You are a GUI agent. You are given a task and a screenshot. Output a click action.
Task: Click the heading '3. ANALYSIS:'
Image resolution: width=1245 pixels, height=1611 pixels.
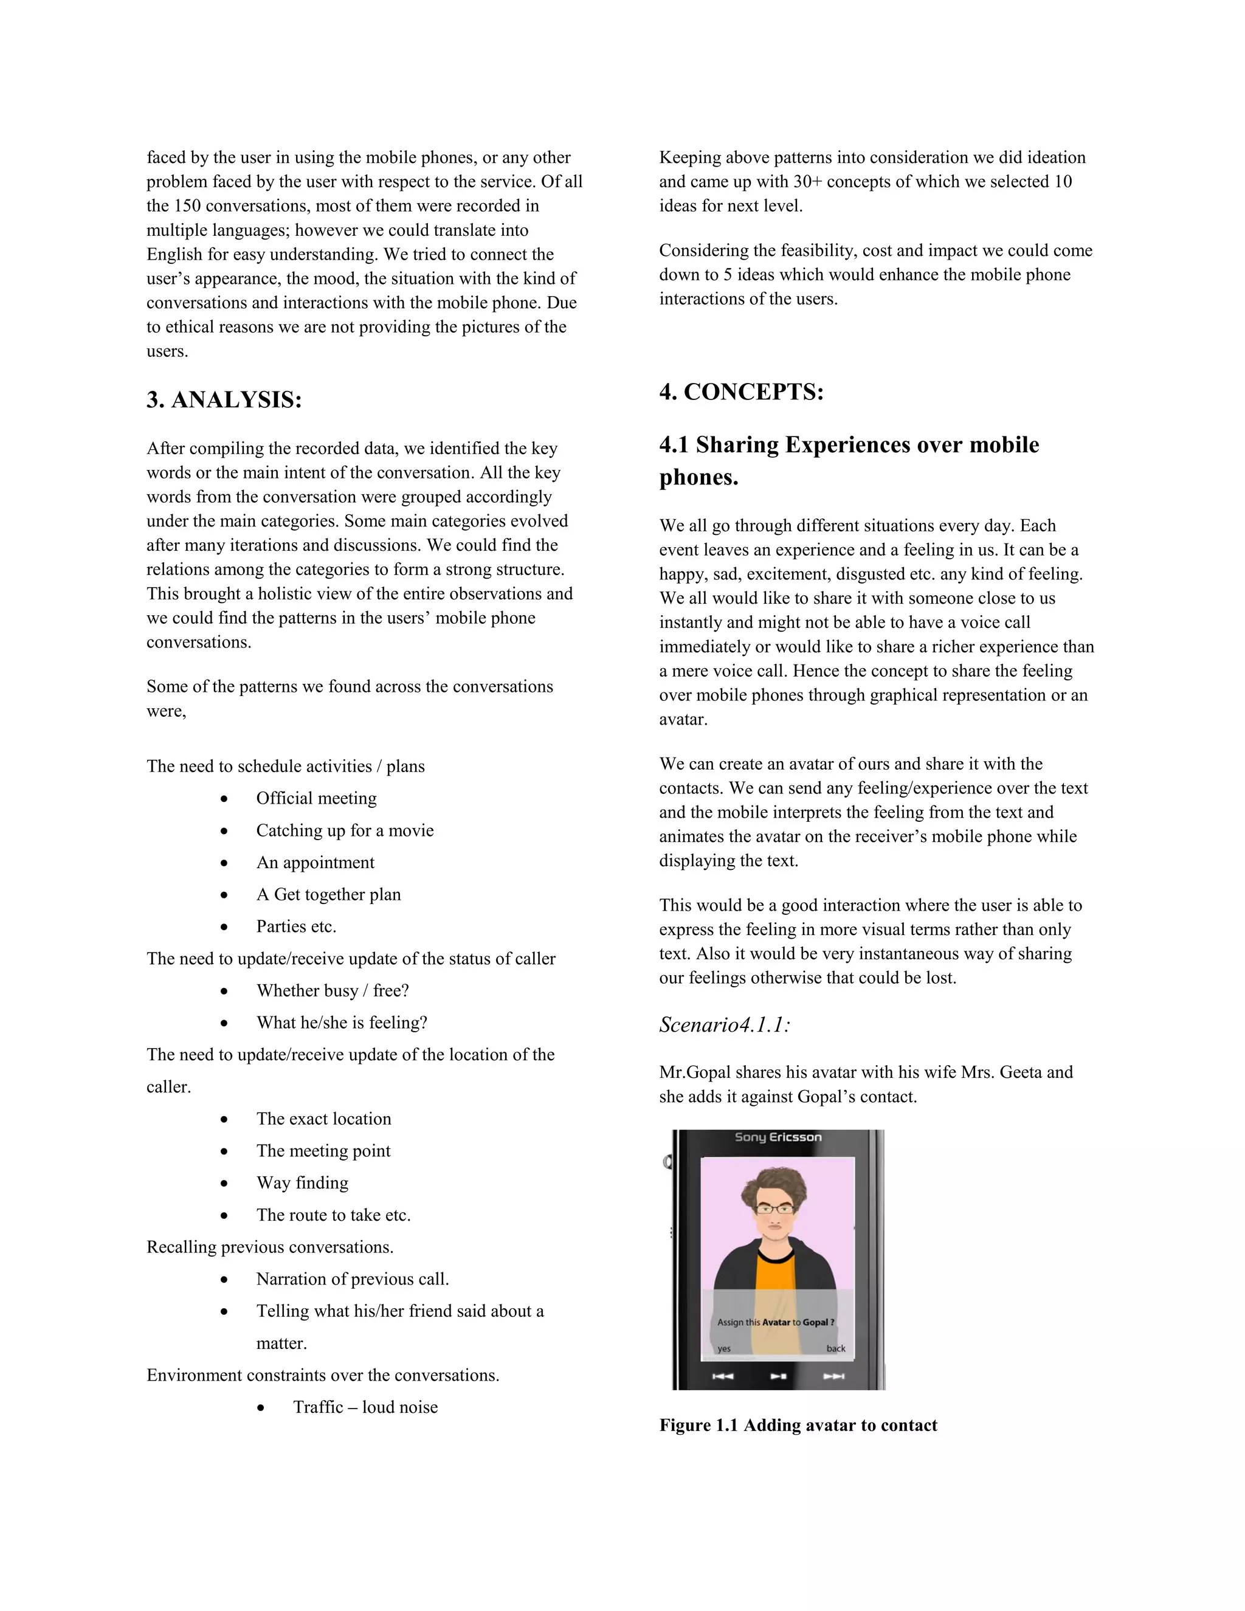pyautogui.click(x=224, y=400)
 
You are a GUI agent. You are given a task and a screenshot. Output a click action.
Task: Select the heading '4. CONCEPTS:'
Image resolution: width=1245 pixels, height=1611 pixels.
pyautogui.click(x=741, y=392)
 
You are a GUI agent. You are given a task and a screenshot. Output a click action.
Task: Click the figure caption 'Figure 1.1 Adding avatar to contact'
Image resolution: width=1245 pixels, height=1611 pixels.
pyautogui.click(x=798, y=1425)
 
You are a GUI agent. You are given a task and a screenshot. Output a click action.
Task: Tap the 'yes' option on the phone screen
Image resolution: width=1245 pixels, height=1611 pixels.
pyautogui.click(x=723, y=1348)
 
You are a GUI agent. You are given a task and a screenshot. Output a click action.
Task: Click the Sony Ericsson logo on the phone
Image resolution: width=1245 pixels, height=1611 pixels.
pyautogui.click(x=778, y=1137)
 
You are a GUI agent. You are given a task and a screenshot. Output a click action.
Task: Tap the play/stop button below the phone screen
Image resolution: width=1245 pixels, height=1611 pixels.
pyautogui.click(x=778, y=1376)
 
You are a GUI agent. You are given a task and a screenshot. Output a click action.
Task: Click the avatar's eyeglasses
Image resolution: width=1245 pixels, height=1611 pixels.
pyautogui.click(x=774, y=1209)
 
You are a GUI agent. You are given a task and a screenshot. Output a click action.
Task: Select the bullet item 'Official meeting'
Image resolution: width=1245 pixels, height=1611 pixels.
pyautogui.click(x=316, y=798)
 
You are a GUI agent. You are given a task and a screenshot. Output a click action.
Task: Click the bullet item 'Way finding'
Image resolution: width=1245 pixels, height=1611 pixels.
pyautogui.click(x=302, y=1182)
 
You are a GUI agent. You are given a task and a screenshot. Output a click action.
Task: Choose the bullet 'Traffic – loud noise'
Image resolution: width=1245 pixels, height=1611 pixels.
pyautogui.click(x=365, y=1407)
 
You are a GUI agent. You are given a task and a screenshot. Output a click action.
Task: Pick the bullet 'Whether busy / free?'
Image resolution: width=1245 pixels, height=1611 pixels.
pyautogui.click(x=332, y=991)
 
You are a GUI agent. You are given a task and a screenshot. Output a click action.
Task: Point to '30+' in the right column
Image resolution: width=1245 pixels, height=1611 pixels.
pyautogui.click(x=807, y=181)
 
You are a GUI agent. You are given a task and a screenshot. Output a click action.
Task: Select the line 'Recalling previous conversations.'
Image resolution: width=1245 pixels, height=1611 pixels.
pyautogui.click(x=270, y=1247)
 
